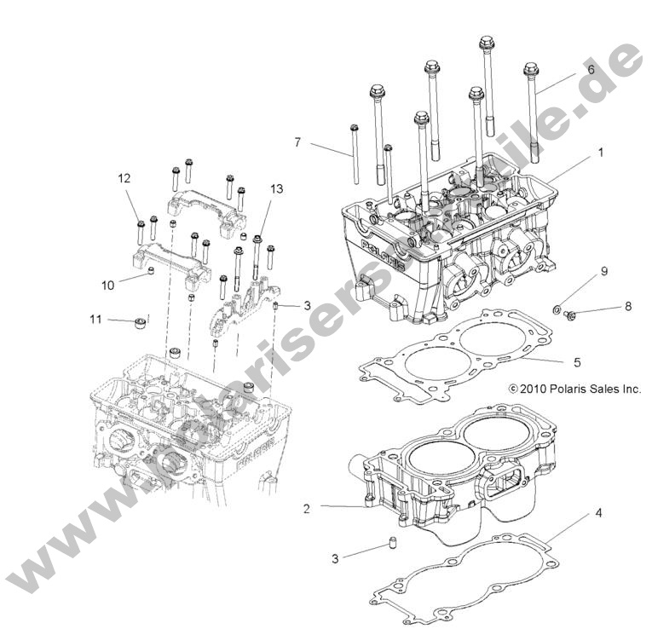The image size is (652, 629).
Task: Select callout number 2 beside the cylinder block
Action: pyautogui.click(x=306, y=509)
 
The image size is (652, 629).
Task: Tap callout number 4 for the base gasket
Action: pyautogui.click(x=598, y=513)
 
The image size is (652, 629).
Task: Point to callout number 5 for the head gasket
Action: pyautogui.click(x=576, y=362)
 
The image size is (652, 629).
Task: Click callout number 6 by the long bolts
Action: pyautogui.click(x=591, y=70)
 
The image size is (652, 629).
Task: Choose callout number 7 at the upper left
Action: pyautogui.click(x=297, y=142)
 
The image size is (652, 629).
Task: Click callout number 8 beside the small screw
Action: pyautogui.click(x=627, y=307)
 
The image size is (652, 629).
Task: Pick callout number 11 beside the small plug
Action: pyautogui.click(x=95, y=320)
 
